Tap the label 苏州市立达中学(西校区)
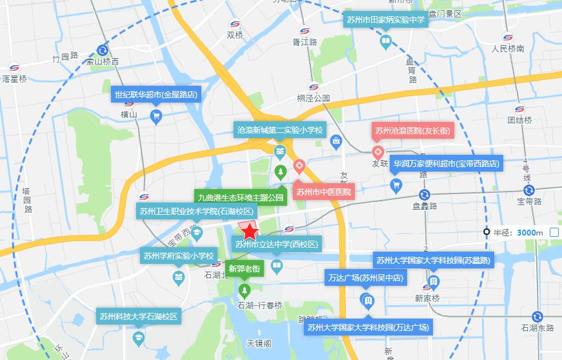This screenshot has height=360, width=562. (x=276, y=245)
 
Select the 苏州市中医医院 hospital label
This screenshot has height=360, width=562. (x=324, y=192)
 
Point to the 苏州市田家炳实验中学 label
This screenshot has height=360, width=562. (x=385, y=20)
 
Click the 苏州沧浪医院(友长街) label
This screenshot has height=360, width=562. (x=413, y=131)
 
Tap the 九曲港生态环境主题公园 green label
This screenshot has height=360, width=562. (x=241, y=197)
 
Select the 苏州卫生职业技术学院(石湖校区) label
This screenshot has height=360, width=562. (x=197, y=211)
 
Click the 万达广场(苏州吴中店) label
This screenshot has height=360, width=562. (x=365, y=278)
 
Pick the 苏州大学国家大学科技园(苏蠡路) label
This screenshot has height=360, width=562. (x=432, y=261)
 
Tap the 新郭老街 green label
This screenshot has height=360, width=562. (x=245, y=268)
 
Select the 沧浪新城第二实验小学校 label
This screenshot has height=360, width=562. (x=280, y=130)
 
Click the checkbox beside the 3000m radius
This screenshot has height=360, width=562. (x=554, y=232)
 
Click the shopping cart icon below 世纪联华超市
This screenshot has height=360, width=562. (x=156, y=116)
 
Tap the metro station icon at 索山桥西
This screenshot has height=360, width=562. (x=103, y=50)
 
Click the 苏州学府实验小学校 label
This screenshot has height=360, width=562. (x=178, y=256)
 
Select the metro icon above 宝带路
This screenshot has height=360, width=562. (x=528, y=190)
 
